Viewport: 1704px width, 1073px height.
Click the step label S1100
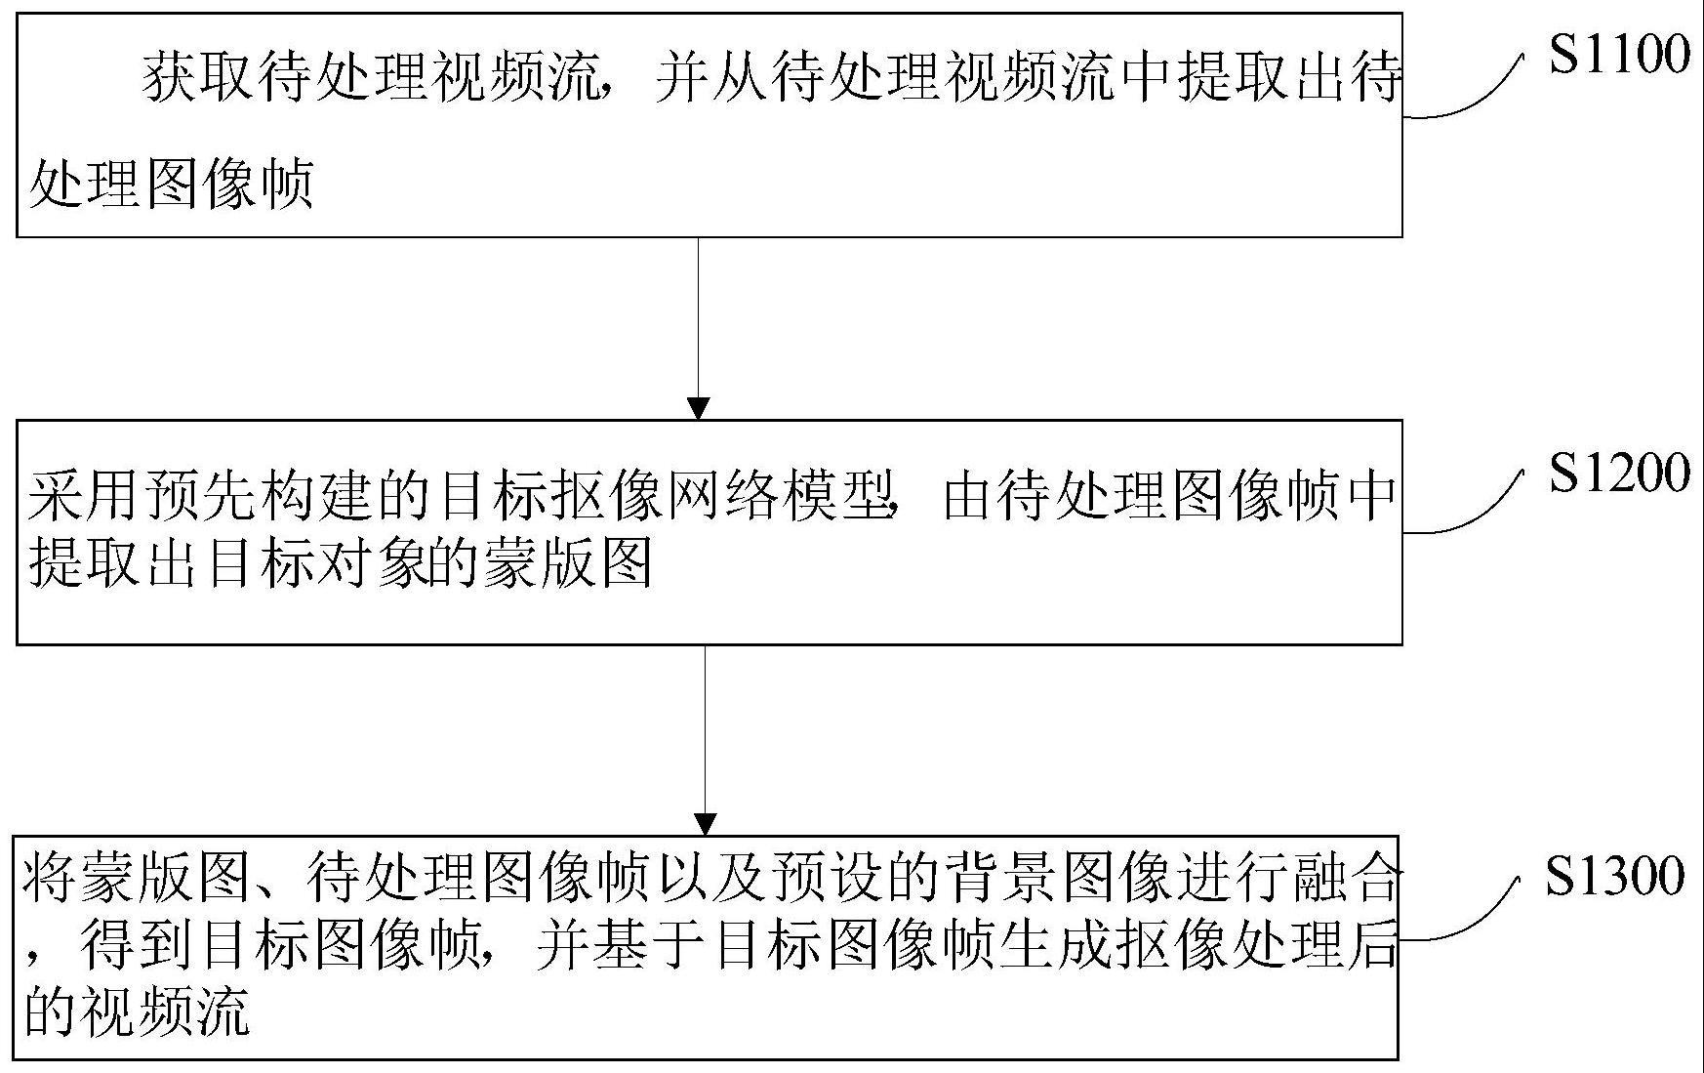point(1619,54)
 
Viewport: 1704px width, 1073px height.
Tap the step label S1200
point(1619,473)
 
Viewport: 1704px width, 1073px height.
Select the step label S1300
point(1615,876)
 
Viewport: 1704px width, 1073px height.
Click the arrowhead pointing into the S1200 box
point(699,408)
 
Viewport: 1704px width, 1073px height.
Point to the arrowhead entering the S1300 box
point(705,824)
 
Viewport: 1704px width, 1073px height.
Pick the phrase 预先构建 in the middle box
point(257,498)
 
